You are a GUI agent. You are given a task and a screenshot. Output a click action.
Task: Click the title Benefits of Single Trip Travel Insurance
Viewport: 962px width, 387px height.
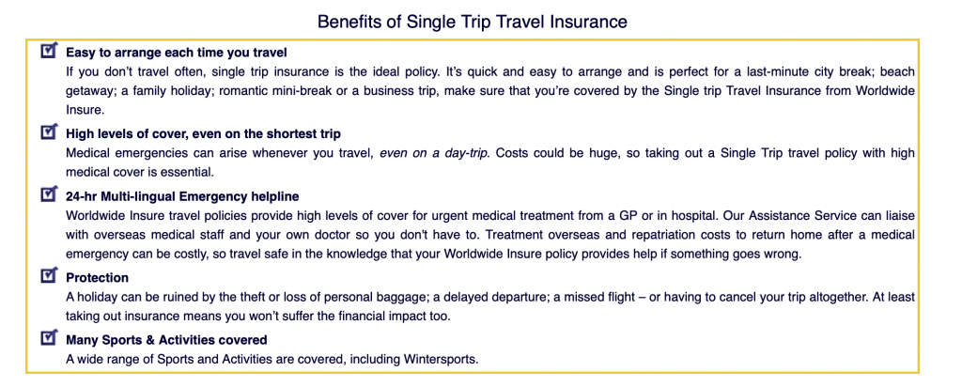tap(472, 23)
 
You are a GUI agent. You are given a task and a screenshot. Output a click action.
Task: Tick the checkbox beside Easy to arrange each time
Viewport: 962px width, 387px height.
tap(49, 51)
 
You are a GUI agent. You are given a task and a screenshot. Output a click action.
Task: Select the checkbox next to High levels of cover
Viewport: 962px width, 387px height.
tap(49, 132)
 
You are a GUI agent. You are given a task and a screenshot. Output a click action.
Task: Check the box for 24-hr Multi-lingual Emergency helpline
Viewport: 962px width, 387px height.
tap(49, 194)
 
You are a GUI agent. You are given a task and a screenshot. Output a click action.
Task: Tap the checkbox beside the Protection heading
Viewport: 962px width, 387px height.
tap(49, 275)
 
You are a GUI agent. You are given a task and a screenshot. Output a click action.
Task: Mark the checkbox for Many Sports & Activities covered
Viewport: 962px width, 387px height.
tap(49, 337)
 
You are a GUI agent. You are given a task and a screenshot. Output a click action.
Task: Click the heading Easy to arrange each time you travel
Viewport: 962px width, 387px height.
tap(177, 53)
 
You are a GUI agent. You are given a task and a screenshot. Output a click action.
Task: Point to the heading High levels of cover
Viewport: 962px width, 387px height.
tap(203, 133)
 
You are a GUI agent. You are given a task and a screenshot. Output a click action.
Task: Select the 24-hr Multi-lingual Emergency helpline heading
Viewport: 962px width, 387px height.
tap(183, 197)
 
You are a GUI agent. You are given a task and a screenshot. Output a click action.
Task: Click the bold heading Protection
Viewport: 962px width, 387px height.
tap(98, 278)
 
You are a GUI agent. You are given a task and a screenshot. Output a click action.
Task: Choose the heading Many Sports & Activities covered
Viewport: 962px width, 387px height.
tap(167, 340)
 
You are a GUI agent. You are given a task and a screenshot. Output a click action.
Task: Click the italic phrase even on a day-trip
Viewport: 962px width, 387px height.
tap(434, 153)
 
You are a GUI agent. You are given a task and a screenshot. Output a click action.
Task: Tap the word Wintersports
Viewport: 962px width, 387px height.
tap(441, 360)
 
